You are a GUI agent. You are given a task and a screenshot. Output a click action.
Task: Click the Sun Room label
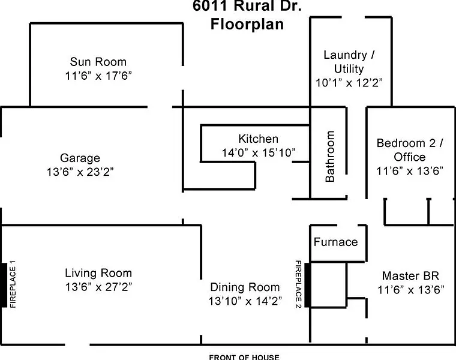click(x=98, y=62)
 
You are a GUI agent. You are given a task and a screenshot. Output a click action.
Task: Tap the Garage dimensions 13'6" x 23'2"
click(x=80, y=172)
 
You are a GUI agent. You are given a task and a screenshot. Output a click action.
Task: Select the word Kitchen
click(x=258, y=139)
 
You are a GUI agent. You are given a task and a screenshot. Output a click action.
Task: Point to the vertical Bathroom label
click(x=330, y=157)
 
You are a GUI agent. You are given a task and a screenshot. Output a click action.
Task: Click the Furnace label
click(x=335, y=242)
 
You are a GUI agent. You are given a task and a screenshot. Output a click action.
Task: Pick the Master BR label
click(x=410, y=275)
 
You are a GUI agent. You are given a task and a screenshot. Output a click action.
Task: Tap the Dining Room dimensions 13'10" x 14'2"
click(x=245, y=301)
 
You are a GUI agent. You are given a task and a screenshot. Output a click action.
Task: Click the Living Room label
click(x=98, y=273)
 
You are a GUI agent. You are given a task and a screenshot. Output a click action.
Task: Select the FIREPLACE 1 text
click(x=13, y=284)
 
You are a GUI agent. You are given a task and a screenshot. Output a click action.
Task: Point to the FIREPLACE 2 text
click(x=298, y=284)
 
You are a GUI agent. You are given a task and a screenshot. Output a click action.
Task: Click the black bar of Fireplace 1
click(x=4, y=284)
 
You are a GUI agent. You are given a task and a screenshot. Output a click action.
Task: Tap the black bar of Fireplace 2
click(x=307, y=284)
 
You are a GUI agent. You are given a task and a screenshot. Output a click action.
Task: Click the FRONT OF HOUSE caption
click(x=244, y=357)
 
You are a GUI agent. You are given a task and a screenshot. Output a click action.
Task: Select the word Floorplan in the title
click(x=247, y=24)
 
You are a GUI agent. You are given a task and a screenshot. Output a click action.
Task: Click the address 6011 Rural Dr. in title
click(x=247, y=6)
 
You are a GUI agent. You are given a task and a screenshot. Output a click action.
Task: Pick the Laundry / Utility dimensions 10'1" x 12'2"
click(x=349, y=83)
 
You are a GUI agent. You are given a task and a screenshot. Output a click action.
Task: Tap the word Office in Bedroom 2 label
click(x=409, y=157)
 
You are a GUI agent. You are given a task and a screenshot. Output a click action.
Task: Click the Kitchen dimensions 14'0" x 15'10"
click(x=259, y=152)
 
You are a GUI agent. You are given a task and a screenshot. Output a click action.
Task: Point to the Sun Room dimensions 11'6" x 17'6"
click(x=98, y=76)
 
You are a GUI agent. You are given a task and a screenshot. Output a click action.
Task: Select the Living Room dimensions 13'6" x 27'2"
click(x=98, y=287)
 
